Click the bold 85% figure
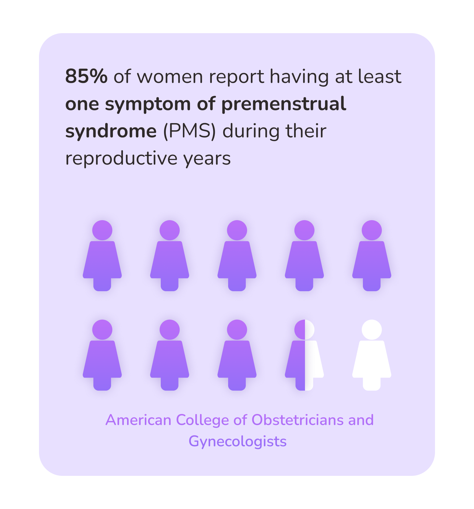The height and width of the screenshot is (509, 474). click(86, 76)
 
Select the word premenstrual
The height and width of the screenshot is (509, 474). click(284, 104)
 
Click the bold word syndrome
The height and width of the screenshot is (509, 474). click(111, 132)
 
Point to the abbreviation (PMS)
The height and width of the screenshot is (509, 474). click(189, 131)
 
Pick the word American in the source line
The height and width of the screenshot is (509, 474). click(138, 420)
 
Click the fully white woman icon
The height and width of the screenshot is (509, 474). click(372, 355)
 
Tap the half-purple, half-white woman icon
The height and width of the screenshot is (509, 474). click(304, 355)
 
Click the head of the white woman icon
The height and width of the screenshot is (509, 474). click(372, 330)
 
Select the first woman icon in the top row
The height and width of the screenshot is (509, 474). click(102, 256)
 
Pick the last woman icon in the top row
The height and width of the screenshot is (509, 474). click(372, 256)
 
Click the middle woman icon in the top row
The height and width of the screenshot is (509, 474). click(237, 256)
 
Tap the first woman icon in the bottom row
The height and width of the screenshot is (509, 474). click(102, 355)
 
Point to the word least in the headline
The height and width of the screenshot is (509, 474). click(380, 76)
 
